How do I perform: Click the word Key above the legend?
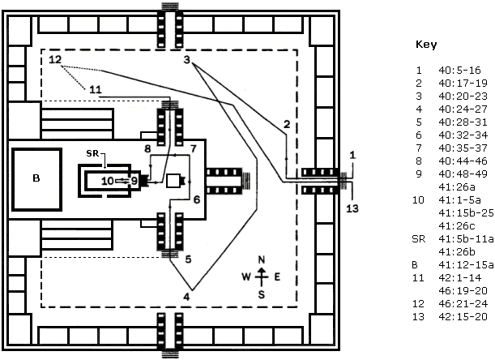point(426,45)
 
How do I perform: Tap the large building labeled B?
point(37,179)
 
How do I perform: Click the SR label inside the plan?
point(92,153)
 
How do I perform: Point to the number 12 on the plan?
point(55,59)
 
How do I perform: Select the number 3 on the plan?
point(187,59)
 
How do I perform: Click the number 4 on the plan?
point(186,297)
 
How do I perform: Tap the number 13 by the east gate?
point(352,208)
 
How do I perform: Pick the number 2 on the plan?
point(287,124)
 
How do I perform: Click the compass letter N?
point(262,259)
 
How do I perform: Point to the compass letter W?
point(246,277)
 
